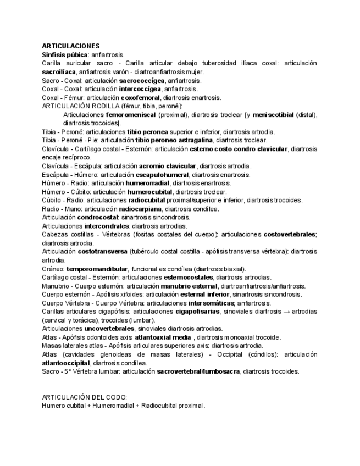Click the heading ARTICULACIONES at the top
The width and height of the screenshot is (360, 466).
pos(71,46)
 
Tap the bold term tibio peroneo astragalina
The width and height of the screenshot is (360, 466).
pos(159,141)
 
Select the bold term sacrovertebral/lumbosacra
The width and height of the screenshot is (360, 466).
pos(198,371)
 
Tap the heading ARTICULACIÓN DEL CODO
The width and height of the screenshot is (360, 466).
pos(84,397)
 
